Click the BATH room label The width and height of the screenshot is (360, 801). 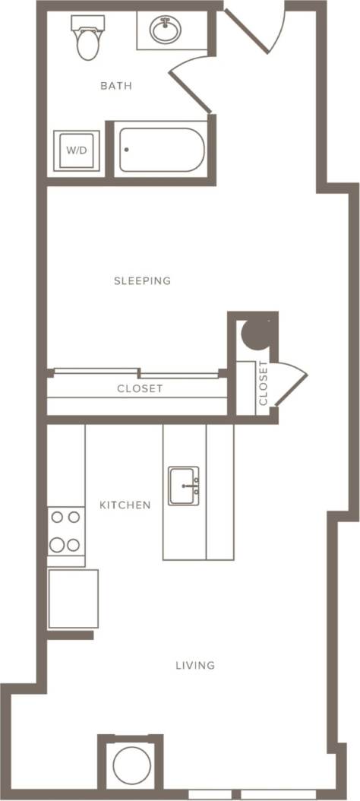pos(116,86)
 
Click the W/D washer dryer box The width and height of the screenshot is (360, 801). pos(76,150)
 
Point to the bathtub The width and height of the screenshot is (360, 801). pos(163,150)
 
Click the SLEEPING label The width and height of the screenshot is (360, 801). pos(142,281)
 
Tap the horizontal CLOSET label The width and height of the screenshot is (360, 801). pos(140,388)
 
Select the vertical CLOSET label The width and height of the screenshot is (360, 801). pos(263,383)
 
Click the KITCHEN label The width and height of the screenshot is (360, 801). pos(125,505)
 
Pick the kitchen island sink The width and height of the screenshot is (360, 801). pos(184,486)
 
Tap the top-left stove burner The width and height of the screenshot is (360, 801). pos(57,518)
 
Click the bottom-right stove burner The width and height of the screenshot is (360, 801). pos(74,544)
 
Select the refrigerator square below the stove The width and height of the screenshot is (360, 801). pos(73,598)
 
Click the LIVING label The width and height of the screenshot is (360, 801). pos(195,666)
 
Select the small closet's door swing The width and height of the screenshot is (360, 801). pos(291,380)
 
